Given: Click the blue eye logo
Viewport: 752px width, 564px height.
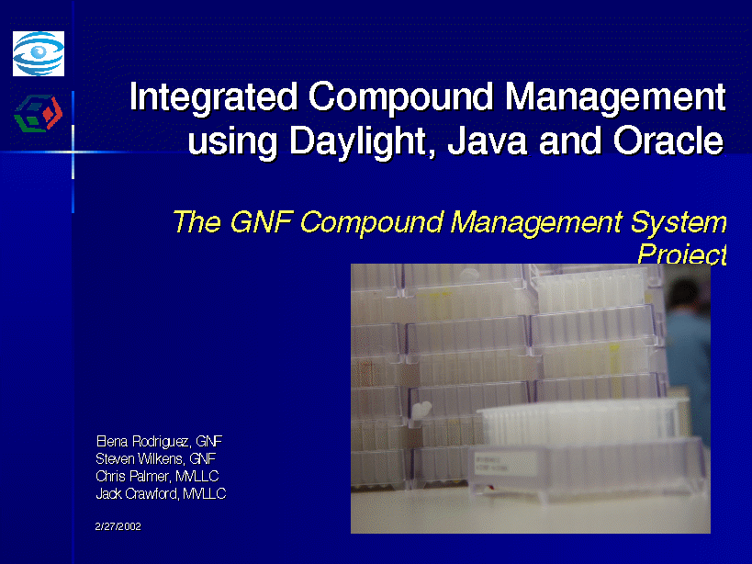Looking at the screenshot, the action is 39,53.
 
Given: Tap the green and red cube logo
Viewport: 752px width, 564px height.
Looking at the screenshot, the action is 39,114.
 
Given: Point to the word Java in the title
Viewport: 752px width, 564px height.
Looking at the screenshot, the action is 488,141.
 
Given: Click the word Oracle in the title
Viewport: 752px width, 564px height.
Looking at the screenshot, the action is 668,141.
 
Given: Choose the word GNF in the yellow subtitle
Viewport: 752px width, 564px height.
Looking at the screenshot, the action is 262,222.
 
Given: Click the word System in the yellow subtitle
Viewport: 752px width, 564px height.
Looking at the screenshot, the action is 679,223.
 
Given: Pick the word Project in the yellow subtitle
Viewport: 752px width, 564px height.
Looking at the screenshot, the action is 682,254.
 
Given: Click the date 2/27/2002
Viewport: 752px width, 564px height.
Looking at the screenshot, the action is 118,526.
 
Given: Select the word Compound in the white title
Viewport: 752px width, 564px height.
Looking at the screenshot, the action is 401,97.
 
